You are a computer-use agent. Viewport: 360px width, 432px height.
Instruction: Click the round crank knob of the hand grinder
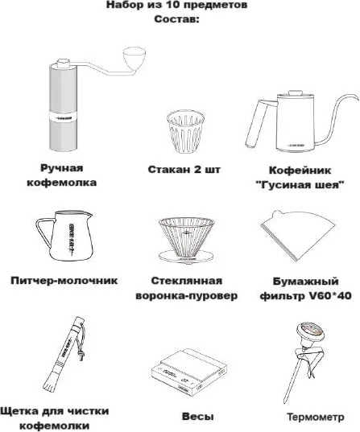(134, 59)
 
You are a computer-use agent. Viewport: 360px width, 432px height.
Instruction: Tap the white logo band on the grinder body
(63, 118)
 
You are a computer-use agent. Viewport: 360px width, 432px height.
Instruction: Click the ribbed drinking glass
(185, 132)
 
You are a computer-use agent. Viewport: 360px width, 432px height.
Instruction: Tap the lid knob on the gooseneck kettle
(295, 93)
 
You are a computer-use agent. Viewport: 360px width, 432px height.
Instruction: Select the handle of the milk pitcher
(44, 232)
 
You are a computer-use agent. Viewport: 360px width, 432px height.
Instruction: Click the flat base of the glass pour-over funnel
(187, 257)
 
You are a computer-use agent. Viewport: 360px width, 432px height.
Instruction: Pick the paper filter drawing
(298, 236)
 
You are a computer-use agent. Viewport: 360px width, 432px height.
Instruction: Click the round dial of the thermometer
(310, 331)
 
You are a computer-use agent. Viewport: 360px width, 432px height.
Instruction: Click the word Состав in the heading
(176, 19)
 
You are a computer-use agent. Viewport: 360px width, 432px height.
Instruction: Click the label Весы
(197, 416)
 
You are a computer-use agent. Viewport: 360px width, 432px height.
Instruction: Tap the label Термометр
(316, 417)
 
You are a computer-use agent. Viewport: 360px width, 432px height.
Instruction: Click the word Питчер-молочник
(64, 281)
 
